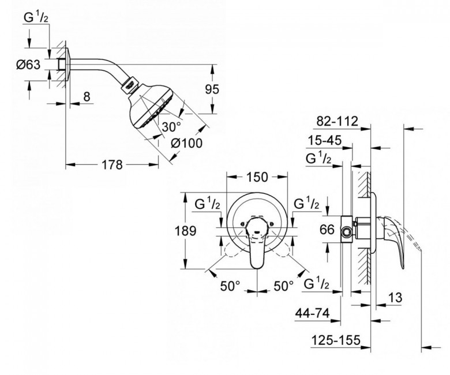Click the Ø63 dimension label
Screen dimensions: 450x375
click(28, 65)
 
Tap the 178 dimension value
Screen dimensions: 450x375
click(112, 165)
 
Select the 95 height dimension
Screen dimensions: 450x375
click(212, 89)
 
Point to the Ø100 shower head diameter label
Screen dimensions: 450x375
click(186, 143)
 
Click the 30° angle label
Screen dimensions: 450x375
click(171, 126)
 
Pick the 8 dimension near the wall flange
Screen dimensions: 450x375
click(87, 96)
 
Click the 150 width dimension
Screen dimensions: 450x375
click(257, 177)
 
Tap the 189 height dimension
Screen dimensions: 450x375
click(185, 230)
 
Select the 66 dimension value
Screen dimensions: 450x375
click(327, 230)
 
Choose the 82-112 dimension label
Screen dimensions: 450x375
click(337, 121)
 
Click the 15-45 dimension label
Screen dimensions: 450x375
click(325, 141)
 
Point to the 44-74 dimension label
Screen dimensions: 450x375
click(312, 313)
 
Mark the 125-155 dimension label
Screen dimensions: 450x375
click(336, 340)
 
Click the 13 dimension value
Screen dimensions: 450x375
click(395, 298)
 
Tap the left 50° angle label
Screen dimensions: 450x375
click(230, 286)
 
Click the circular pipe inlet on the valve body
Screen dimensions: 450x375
click(347, 232)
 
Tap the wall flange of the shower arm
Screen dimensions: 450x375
click(67, 64)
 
